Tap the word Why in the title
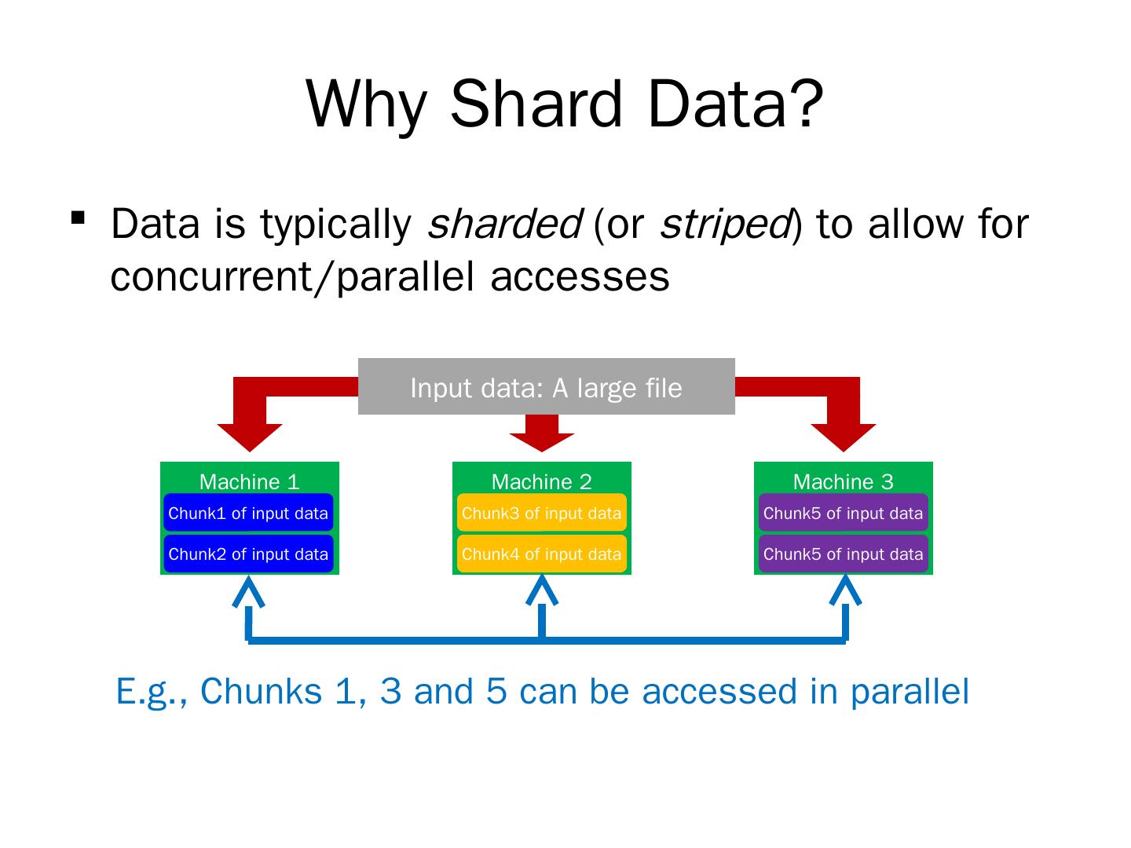point(366,106)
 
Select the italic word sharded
point(503,224)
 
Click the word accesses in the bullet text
point(580,276)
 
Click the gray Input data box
point(546,387)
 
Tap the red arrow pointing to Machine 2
point(542,433)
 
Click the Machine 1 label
point(250,481)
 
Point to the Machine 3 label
point(843,481)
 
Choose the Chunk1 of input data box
point(248,513)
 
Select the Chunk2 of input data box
point(248,554)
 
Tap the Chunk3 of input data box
point(541,513)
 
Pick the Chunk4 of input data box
point(541,554)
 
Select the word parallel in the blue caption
point(910,692)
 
